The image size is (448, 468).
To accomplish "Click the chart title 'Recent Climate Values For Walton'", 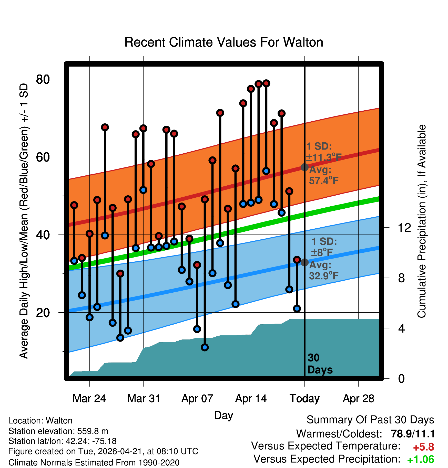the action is (224, 42).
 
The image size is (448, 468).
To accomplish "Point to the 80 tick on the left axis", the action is (43, 79).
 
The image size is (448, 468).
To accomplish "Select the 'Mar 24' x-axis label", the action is (89, 399).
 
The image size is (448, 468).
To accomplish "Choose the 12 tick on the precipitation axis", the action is (404, 228).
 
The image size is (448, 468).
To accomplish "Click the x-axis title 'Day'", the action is (223, 416).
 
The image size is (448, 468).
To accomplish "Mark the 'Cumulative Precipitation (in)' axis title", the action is (422, 221).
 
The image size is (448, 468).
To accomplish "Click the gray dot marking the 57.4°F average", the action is (304, 167).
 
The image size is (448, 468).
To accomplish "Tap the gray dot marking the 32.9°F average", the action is (304, 262).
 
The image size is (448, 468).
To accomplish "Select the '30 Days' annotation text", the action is (320, 364).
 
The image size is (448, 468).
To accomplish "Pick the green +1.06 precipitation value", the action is (421, 460).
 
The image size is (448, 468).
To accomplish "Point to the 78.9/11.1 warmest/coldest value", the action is (413, 434).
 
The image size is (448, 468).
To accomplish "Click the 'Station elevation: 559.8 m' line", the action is (58, 431).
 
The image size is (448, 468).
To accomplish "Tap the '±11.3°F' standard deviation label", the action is (324, 157).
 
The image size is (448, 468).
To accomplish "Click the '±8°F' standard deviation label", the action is (322, 252).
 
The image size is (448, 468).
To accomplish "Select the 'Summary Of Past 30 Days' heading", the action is (370, 420).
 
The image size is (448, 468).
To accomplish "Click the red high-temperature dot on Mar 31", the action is (143, 128).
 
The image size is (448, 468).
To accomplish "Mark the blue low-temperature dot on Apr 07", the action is (197, 329).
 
